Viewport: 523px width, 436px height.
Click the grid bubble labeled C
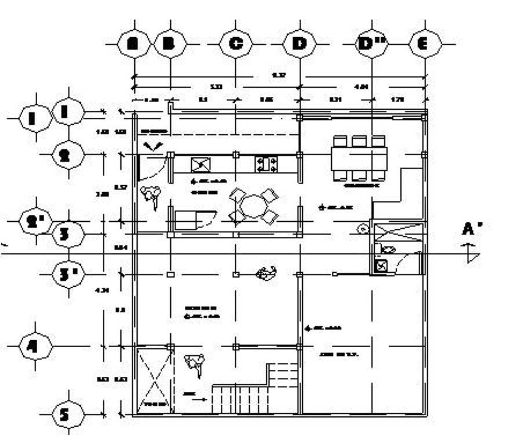(x=235, y=44)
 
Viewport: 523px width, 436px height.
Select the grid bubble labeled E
(x=425, y=44)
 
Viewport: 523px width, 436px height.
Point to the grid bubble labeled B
(x=170, y=44)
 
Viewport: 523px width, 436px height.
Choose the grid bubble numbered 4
(x=35, y=347)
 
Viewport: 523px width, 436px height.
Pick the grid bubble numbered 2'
(x=35, y=221)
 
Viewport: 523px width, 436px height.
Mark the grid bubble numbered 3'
(x=69, y=273)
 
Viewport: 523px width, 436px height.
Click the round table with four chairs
(x=253, y=206)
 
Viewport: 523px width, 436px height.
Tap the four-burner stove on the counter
(x=266, y=164)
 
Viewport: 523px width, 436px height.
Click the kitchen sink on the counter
(x=200, y=165)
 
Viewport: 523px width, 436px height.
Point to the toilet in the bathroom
(x=387, y=249)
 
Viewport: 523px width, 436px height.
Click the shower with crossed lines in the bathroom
(x=395, y=232)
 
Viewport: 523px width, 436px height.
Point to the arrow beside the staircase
(x=199, y=399)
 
